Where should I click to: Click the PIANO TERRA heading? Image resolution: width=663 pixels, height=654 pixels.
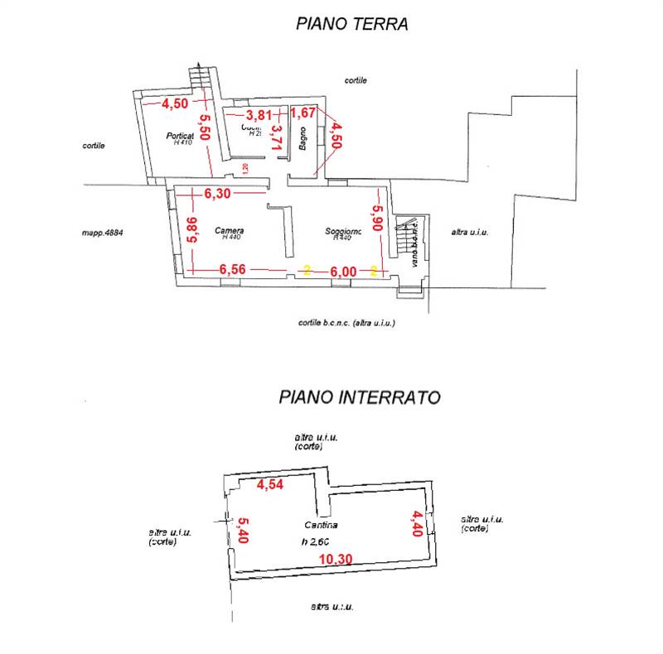click(x=351, y=24)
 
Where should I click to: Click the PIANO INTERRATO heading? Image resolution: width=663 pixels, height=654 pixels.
click(x=359, y=397)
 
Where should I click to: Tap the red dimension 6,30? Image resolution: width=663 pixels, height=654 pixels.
click(x=220, y=193)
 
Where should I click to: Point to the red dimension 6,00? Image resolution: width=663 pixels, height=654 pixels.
click(x=343, y=271)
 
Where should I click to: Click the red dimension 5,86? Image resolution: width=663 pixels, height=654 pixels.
click(x=191, y=229)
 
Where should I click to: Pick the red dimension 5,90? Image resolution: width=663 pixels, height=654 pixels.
click(x=378, y=219)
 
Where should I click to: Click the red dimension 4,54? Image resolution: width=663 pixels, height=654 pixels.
click(x=270, y=485)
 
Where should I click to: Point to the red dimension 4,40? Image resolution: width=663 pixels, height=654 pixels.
click(x=417, y=523)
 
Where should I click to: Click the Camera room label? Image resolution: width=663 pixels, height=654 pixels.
click(x=229, y=230)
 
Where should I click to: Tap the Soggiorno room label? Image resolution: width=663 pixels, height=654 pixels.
click(x=342, y=231)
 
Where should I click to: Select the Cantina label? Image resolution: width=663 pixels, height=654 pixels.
click(x=320, y=526)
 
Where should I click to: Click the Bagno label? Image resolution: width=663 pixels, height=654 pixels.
click(x=304, y=139)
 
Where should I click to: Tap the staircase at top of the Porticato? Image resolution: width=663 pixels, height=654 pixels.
click(x=198, y=77)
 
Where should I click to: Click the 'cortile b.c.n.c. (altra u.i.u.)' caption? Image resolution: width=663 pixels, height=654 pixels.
click(x=346, y=323)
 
